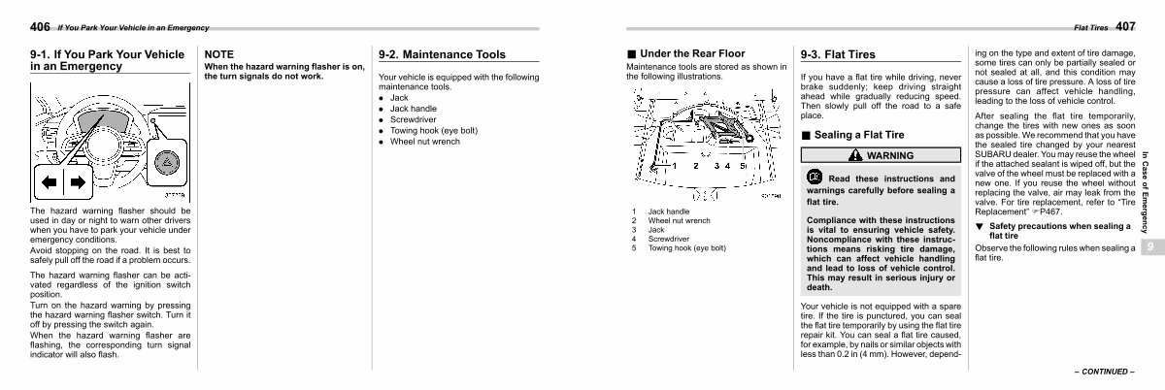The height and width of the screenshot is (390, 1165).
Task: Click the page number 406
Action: coord(40,26)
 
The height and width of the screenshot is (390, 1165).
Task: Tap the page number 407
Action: coord(1125,26)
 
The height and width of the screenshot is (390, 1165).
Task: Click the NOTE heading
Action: coord(219,55)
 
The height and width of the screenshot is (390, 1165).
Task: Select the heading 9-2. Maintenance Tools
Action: coord(442,55)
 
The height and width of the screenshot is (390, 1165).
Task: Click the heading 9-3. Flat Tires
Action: coord(838,55)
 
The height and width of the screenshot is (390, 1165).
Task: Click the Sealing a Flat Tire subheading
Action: coord(858,135)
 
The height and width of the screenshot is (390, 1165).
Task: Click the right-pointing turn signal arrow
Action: coord(77,181)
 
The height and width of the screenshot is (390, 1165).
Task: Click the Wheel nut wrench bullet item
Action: coord(424,141)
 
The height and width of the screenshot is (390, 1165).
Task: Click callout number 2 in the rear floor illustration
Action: coord(695,166)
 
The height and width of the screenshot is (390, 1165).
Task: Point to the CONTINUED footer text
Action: coord(1105,372)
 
